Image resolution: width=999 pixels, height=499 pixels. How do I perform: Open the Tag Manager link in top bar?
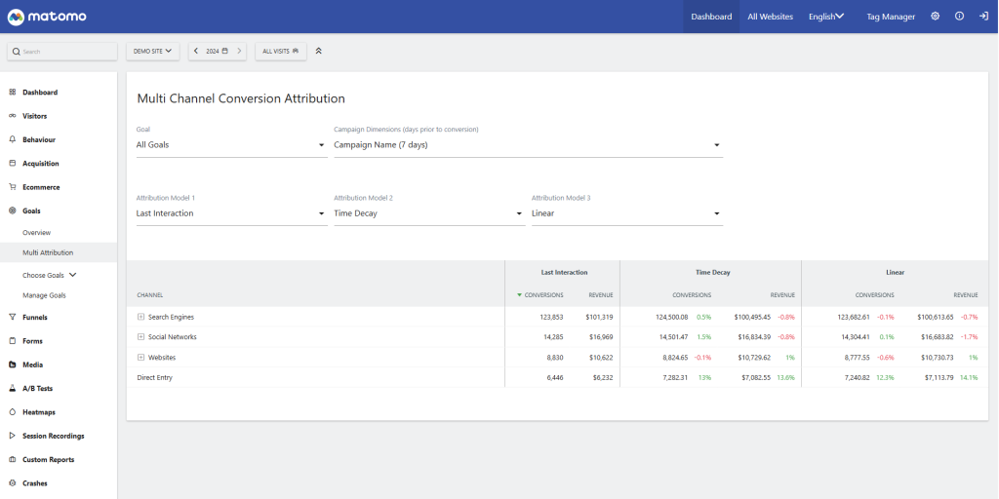(x=891, y=17)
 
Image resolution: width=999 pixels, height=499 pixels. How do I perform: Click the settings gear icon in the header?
(x=935, y=17)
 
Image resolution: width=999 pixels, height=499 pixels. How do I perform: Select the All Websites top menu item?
(x=770, y=17)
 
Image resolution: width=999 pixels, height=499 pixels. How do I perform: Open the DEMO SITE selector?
(x=152, y=51)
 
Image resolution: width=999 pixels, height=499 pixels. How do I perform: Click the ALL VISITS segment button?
(x=280, y=51)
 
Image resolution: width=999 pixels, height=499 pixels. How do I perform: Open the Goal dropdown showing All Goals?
(x=230, y=145)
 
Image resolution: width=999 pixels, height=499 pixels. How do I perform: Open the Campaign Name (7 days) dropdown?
(x=527, y=145)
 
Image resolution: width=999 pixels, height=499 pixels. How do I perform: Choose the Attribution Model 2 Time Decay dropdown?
(x=428, y=213)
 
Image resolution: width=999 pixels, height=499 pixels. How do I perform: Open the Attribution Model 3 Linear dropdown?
(x=626, y=213)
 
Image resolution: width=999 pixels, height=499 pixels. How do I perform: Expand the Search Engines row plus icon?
(x=141, y=317)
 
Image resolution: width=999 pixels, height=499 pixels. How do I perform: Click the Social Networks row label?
(x=172, y=337)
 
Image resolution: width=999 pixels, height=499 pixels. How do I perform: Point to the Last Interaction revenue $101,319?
(x=599, y=317)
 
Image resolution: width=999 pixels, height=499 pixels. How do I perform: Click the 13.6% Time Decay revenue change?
(x=784, y=377)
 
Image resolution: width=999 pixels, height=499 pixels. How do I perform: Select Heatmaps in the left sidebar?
(x=39, y=412)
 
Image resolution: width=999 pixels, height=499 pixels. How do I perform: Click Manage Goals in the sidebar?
(x=44, y=295)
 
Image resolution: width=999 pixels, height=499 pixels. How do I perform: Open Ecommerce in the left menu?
(x=41, y=187)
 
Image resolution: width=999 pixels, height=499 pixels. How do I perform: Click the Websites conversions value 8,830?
(x=551, y=358)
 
